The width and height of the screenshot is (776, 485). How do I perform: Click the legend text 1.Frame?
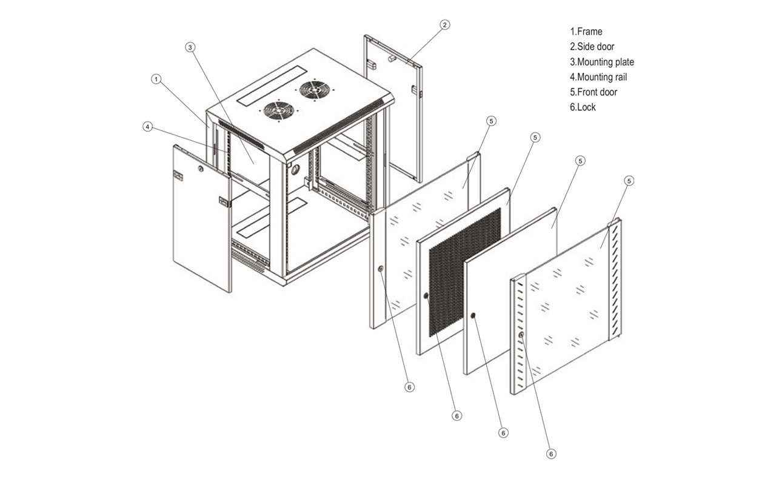click(x=586, y=32)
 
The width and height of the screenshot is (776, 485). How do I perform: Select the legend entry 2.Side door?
click(x=592, y=47)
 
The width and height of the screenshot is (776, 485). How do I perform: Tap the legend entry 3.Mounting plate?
click(x=601, y=62)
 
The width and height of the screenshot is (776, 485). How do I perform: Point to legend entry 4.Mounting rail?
click(x=598, y=77)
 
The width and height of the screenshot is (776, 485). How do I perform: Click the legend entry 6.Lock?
click(x=583, y=107)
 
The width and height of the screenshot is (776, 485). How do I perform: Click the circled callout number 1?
click(x=156, y=79)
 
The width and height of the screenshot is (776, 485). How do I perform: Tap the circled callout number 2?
click(x=444, y=25)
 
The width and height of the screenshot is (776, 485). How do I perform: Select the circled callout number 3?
click(x=190, y=47)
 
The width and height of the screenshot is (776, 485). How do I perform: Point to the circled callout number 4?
click(x=147, y=127)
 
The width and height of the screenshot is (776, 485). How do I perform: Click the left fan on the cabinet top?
click(x=279, y=110)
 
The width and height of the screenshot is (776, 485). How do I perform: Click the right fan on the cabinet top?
click(x=315, y=90)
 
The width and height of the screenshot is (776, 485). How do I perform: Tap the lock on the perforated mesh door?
click(x=426, y=296)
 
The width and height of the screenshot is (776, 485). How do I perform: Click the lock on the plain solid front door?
click(x=473, y=315)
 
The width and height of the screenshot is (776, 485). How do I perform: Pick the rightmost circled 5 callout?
click(x=629, y=181)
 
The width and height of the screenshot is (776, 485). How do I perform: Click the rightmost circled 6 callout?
click(x=551, y=453)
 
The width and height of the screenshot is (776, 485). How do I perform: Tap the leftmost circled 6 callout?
click(x=409, y=387)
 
